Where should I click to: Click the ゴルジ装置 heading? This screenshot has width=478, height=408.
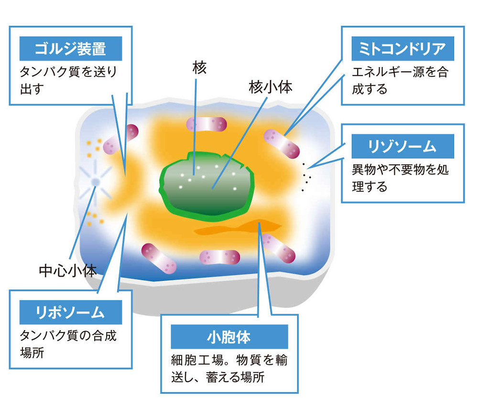click(70, 49)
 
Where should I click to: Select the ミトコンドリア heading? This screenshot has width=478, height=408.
click(402, 49)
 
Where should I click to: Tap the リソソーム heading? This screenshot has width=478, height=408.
click(402, 146)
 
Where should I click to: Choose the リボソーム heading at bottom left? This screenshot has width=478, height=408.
click(70, 312)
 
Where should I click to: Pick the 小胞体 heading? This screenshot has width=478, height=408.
click(229, 337)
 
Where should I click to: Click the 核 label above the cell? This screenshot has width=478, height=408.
click(200, 67)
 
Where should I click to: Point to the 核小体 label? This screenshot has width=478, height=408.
click(271, 87)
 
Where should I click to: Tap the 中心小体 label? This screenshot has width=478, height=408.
click(68, 270)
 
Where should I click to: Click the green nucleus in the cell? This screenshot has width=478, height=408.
click(206, 186)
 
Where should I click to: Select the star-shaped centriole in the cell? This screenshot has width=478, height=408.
click(96, 182)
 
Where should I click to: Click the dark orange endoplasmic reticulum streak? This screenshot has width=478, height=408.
click(238, 227)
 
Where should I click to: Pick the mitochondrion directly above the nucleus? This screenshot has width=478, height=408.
click(206, 124)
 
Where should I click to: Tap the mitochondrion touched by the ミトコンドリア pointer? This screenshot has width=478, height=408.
click(282, 144)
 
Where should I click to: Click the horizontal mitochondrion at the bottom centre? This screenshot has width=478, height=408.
click(219, 257)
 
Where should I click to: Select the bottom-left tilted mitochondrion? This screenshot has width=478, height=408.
click(159, 258)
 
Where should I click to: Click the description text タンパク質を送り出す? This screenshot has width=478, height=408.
click(68, 80)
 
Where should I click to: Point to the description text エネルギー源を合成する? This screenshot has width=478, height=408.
click(400, 80)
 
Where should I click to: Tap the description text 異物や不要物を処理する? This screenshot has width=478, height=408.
click(400, 178)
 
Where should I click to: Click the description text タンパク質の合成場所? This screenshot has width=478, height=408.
click(68, 344)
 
